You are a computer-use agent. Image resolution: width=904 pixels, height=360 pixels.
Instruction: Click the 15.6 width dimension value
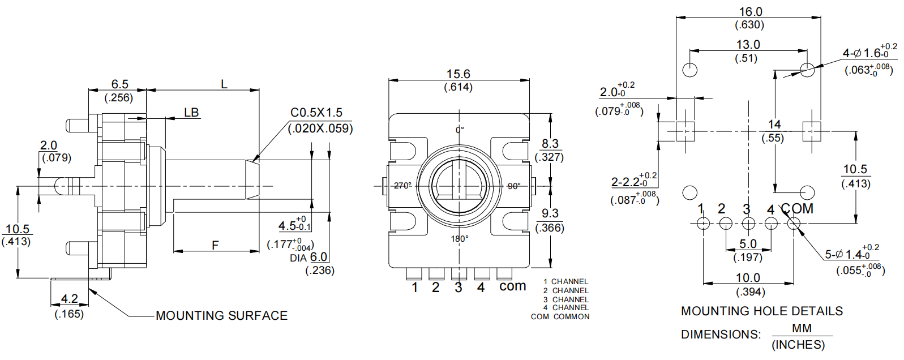(458, 74)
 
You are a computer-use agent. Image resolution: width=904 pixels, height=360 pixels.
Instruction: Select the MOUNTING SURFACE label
(221, 316)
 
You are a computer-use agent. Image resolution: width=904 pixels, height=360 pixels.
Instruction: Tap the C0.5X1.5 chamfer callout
(316, 113)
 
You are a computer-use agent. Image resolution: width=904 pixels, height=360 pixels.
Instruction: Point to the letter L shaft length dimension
(224, 84)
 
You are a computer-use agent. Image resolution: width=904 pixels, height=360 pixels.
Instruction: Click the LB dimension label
(191, 113)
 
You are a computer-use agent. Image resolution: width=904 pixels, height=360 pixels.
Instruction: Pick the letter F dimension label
(215, 245)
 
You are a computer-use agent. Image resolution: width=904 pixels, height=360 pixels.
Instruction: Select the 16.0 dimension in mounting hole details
(750, 11)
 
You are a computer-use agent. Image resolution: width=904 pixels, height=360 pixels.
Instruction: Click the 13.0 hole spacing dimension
(747, 45)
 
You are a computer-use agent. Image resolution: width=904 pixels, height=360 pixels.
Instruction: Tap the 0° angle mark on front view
(460, 130)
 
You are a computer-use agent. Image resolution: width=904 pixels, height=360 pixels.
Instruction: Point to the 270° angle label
(402, 186)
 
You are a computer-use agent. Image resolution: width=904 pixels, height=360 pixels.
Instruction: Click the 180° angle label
(459, 239)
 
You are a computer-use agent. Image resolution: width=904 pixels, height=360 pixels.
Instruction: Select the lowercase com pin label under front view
(512, 286)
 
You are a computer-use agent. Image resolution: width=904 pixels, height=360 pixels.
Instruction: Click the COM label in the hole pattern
(798, 209)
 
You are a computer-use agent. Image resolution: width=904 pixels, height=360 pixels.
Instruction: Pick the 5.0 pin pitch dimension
(748, 244)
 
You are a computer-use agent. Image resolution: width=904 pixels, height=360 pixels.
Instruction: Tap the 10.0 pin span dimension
(748, 278)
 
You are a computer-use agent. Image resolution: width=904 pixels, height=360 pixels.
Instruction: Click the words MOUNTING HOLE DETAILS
(761, 311)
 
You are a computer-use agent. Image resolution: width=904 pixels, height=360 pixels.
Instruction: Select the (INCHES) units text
(798, 345)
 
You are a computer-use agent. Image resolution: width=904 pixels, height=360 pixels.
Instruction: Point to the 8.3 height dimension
(550, 144)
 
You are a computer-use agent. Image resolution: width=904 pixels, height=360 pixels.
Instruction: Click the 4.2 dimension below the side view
(69, 299)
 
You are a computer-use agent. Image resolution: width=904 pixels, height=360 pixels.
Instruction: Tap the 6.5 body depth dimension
(119, 84)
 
